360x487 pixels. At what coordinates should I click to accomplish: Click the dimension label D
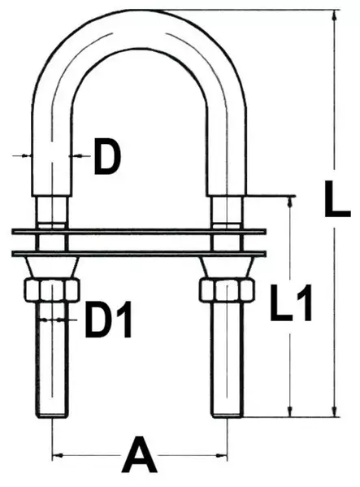coord(106,159)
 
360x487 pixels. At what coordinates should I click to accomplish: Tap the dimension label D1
coord(109,323)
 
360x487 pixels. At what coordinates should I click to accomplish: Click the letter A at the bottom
coord(138,456)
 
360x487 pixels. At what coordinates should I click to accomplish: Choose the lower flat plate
coord(138,252)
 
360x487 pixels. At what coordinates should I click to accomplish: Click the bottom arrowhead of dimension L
coord(334,412)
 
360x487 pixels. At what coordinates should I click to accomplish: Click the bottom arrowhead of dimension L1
coord(290,412)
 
